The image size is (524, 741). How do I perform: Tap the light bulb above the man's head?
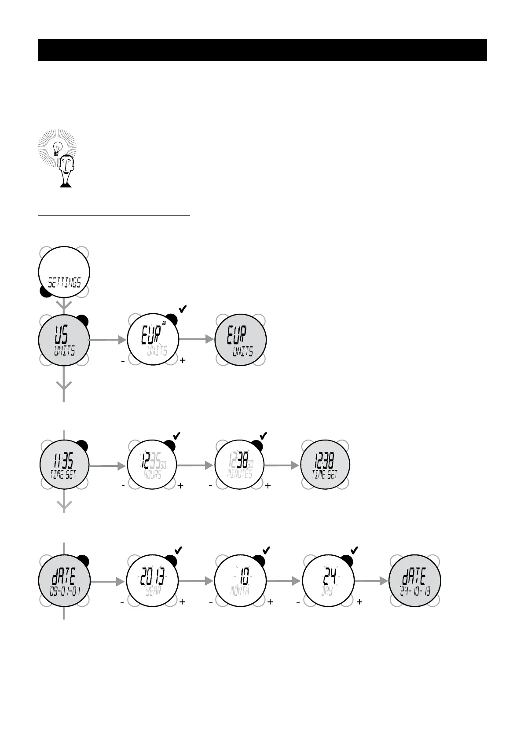57,148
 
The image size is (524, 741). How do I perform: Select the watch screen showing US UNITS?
64,340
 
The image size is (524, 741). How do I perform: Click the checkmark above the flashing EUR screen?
183,309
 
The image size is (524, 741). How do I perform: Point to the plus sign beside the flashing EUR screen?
183,360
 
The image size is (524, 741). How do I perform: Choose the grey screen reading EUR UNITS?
240,340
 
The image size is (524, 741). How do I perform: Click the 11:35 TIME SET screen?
64,465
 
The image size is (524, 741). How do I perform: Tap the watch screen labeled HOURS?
152,465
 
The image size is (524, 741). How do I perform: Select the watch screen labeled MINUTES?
240,465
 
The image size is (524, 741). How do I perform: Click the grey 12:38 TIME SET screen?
325,465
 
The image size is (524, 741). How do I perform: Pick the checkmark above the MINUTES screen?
263,436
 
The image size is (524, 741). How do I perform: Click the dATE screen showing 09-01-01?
64,581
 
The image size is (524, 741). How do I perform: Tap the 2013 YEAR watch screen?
152,581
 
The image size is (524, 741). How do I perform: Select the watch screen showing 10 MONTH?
240,581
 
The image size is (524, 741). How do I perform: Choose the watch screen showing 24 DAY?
328,581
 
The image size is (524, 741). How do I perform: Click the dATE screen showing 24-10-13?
415,581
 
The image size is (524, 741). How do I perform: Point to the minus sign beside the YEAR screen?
122,602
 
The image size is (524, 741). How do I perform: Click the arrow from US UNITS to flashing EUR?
108,340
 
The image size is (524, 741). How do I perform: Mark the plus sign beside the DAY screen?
359,602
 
